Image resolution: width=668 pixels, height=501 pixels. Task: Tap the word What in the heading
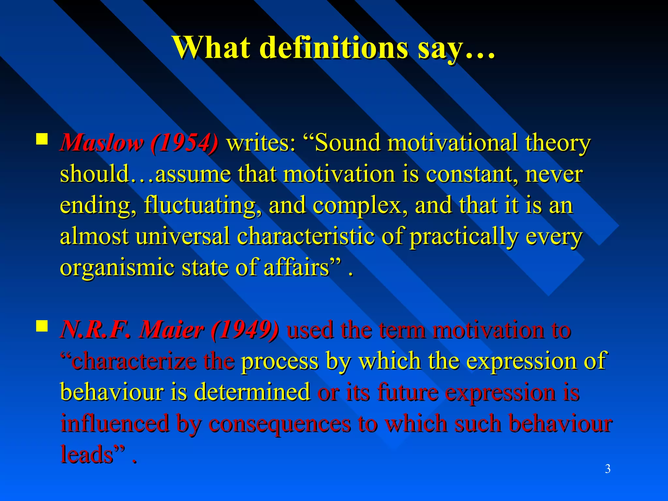click(212, 48)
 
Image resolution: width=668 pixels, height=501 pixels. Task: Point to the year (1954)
click(185, 143)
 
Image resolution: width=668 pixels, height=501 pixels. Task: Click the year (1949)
click(245, 330)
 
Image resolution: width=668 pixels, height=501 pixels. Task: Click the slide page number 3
click(608, 469)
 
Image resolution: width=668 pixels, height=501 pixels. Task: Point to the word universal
click(183, 236)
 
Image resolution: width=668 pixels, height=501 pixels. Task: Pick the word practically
click(463, 236)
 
